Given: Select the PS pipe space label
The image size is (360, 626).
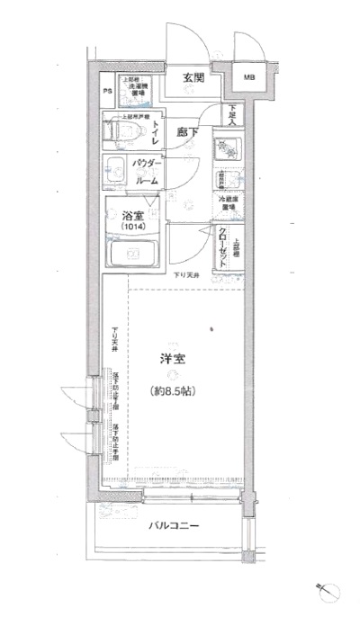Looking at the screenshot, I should tap(106, 92).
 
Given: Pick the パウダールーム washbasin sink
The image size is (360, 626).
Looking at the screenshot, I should tap(115, 170).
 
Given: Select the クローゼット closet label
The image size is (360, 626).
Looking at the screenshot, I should tap(222, 245).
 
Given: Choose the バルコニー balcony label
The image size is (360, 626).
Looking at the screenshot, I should tap(167, 526).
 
